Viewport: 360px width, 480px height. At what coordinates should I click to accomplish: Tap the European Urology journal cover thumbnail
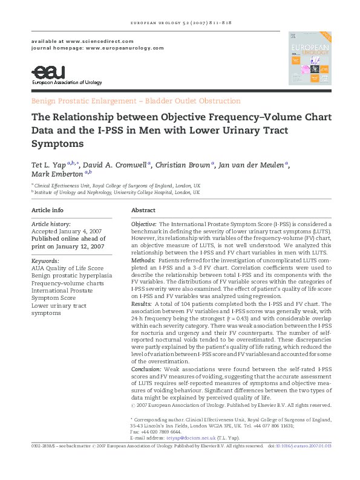(309, 58)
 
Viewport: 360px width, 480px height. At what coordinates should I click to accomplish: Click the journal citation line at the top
(179, 23)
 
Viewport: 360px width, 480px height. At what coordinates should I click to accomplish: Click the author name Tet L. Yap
(48, 165)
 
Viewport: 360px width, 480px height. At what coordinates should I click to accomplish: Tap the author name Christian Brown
(185, 165)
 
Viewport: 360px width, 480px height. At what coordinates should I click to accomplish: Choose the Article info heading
(47, 210)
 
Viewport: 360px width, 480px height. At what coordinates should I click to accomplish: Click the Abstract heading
(143, 210)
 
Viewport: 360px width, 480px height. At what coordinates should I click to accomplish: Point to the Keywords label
(45, 261)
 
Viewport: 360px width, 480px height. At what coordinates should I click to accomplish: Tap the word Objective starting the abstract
(144, 224)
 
